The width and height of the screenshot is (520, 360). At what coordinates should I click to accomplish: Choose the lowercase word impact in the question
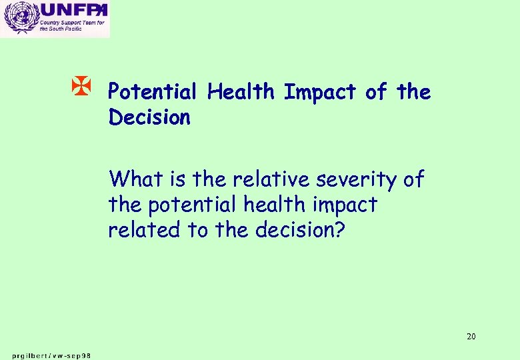349,205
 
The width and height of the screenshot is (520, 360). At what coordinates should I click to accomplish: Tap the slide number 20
471,336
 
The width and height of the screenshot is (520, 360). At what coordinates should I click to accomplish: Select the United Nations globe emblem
19,18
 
